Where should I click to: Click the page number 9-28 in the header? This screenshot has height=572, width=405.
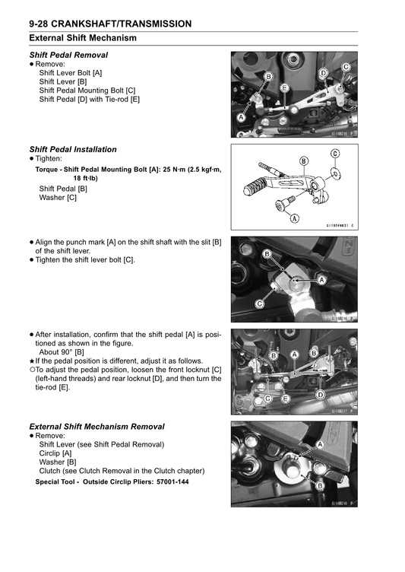click(x=39, y=24)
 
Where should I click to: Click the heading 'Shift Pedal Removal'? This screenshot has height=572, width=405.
click(x=68, y=55)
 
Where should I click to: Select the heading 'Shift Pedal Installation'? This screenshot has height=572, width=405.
click(x=73, y=150)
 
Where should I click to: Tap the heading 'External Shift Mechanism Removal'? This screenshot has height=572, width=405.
click(x=97, y=427)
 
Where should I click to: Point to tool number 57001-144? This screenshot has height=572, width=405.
click(x=172, y=482)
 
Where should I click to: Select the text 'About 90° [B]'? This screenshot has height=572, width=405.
click(x=62, y=352)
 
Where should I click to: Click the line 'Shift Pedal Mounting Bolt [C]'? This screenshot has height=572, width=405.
click(x=87, y=91)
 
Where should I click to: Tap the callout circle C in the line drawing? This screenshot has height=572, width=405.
click(x=335, y=154)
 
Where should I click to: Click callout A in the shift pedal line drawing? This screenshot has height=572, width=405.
click(x=295, y=218)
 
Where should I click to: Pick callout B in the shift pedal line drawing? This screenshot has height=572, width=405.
click(x=304, y=161)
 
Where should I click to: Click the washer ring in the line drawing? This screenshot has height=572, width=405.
click(x=334, y=174)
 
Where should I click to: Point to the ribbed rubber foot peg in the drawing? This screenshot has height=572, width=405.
click(x=254, y=188)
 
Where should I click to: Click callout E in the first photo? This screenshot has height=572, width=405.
click(x=285, y=88)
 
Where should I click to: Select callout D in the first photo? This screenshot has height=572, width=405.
click(x=324, y=73)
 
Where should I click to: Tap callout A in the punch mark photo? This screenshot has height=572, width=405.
click(x=321, y=280)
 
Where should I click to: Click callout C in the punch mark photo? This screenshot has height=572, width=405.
click(x=260, y=304)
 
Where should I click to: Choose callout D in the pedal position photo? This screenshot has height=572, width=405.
click(x=321, y=395)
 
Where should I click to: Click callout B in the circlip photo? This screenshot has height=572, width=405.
click(x=320, y=486)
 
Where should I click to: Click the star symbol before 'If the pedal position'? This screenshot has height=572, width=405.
click(x=32, y=361)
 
